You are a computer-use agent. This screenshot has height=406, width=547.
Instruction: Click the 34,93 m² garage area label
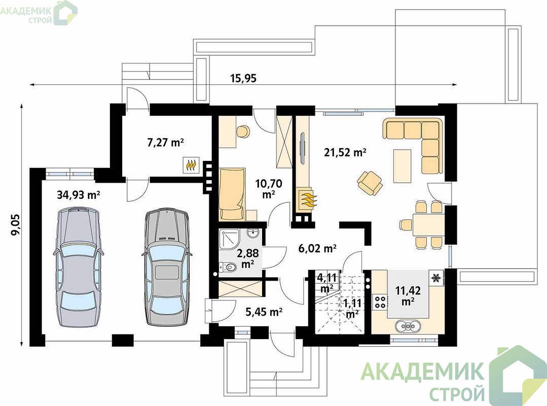click(79, 195)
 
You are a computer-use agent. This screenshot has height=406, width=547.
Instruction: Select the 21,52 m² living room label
click(345, 152)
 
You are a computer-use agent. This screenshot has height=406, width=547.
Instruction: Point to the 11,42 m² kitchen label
click(408, 296)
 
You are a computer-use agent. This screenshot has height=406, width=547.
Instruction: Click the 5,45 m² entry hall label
click(264, 312)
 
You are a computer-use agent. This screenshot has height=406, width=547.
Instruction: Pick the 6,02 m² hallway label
click(317, 248)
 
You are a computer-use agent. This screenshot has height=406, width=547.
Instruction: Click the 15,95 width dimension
click(243, 78)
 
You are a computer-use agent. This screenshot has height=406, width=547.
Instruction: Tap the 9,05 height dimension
click(16, 225)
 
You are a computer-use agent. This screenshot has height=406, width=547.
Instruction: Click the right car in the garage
click(167, 267)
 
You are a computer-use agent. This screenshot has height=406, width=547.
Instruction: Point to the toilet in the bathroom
click(228, 267)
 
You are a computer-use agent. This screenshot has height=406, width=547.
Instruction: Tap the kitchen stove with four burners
click(380, 301)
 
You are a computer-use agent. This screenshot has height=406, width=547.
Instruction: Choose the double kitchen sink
click(408, 326)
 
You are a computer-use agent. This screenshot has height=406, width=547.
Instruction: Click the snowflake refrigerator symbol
click(436, 278)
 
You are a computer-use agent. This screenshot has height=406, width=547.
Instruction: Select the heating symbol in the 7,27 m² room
click(191, 164)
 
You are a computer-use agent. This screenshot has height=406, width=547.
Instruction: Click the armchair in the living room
click(370, 182)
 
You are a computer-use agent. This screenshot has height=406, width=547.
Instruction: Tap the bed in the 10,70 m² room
click(232, 194)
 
